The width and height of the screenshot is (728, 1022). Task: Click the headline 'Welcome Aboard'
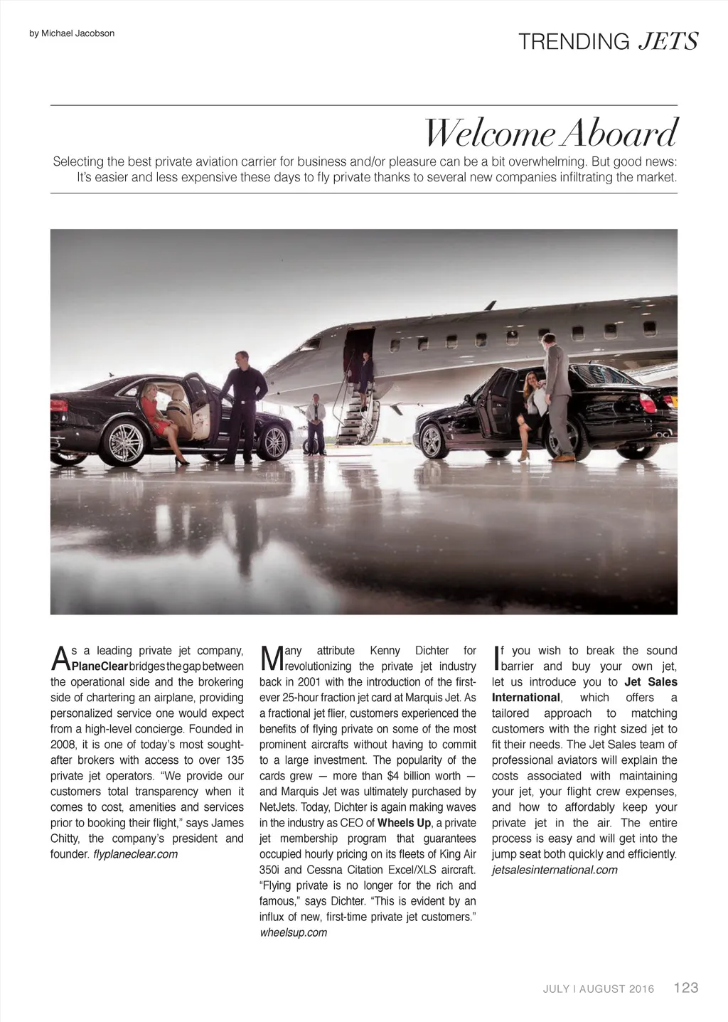551,133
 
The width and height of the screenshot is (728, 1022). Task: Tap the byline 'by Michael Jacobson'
72,33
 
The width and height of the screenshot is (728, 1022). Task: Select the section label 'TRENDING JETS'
609,42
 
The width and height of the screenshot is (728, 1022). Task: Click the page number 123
686,987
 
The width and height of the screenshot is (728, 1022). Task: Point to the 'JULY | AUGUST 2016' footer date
599,989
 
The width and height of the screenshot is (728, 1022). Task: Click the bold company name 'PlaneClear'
100,666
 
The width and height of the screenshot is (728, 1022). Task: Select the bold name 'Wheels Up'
404,823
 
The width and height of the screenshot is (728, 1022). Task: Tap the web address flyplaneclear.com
135,854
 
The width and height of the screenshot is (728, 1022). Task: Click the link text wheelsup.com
293,932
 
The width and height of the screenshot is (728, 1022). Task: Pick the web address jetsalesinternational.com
555,870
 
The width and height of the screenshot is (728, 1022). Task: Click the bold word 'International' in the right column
525,698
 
